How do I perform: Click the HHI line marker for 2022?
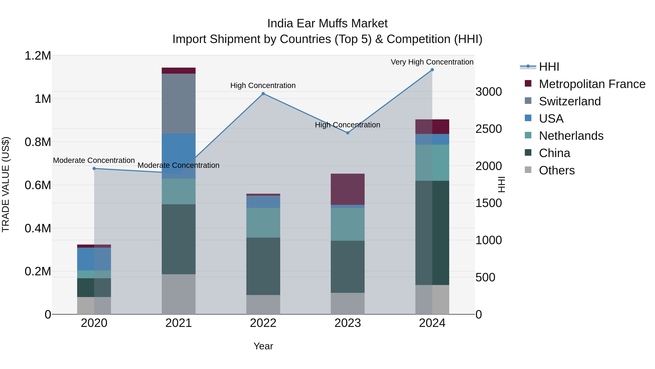[263, 94]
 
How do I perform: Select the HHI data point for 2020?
[94, 168]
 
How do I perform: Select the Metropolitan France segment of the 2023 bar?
[348, 189]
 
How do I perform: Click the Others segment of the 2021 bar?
[178, 294]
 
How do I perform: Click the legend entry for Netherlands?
[571, 136]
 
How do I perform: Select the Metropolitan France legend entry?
[592, 84]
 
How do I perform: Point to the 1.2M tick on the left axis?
[38, 56]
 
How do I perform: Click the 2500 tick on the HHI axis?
[489, 129]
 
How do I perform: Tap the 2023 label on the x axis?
[348, 323]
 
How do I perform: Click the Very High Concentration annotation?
[432, 62]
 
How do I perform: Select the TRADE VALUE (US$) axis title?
[6, 184]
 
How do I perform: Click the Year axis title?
[263, 346]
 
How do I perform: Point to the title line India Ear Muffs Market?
[327, 24]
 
